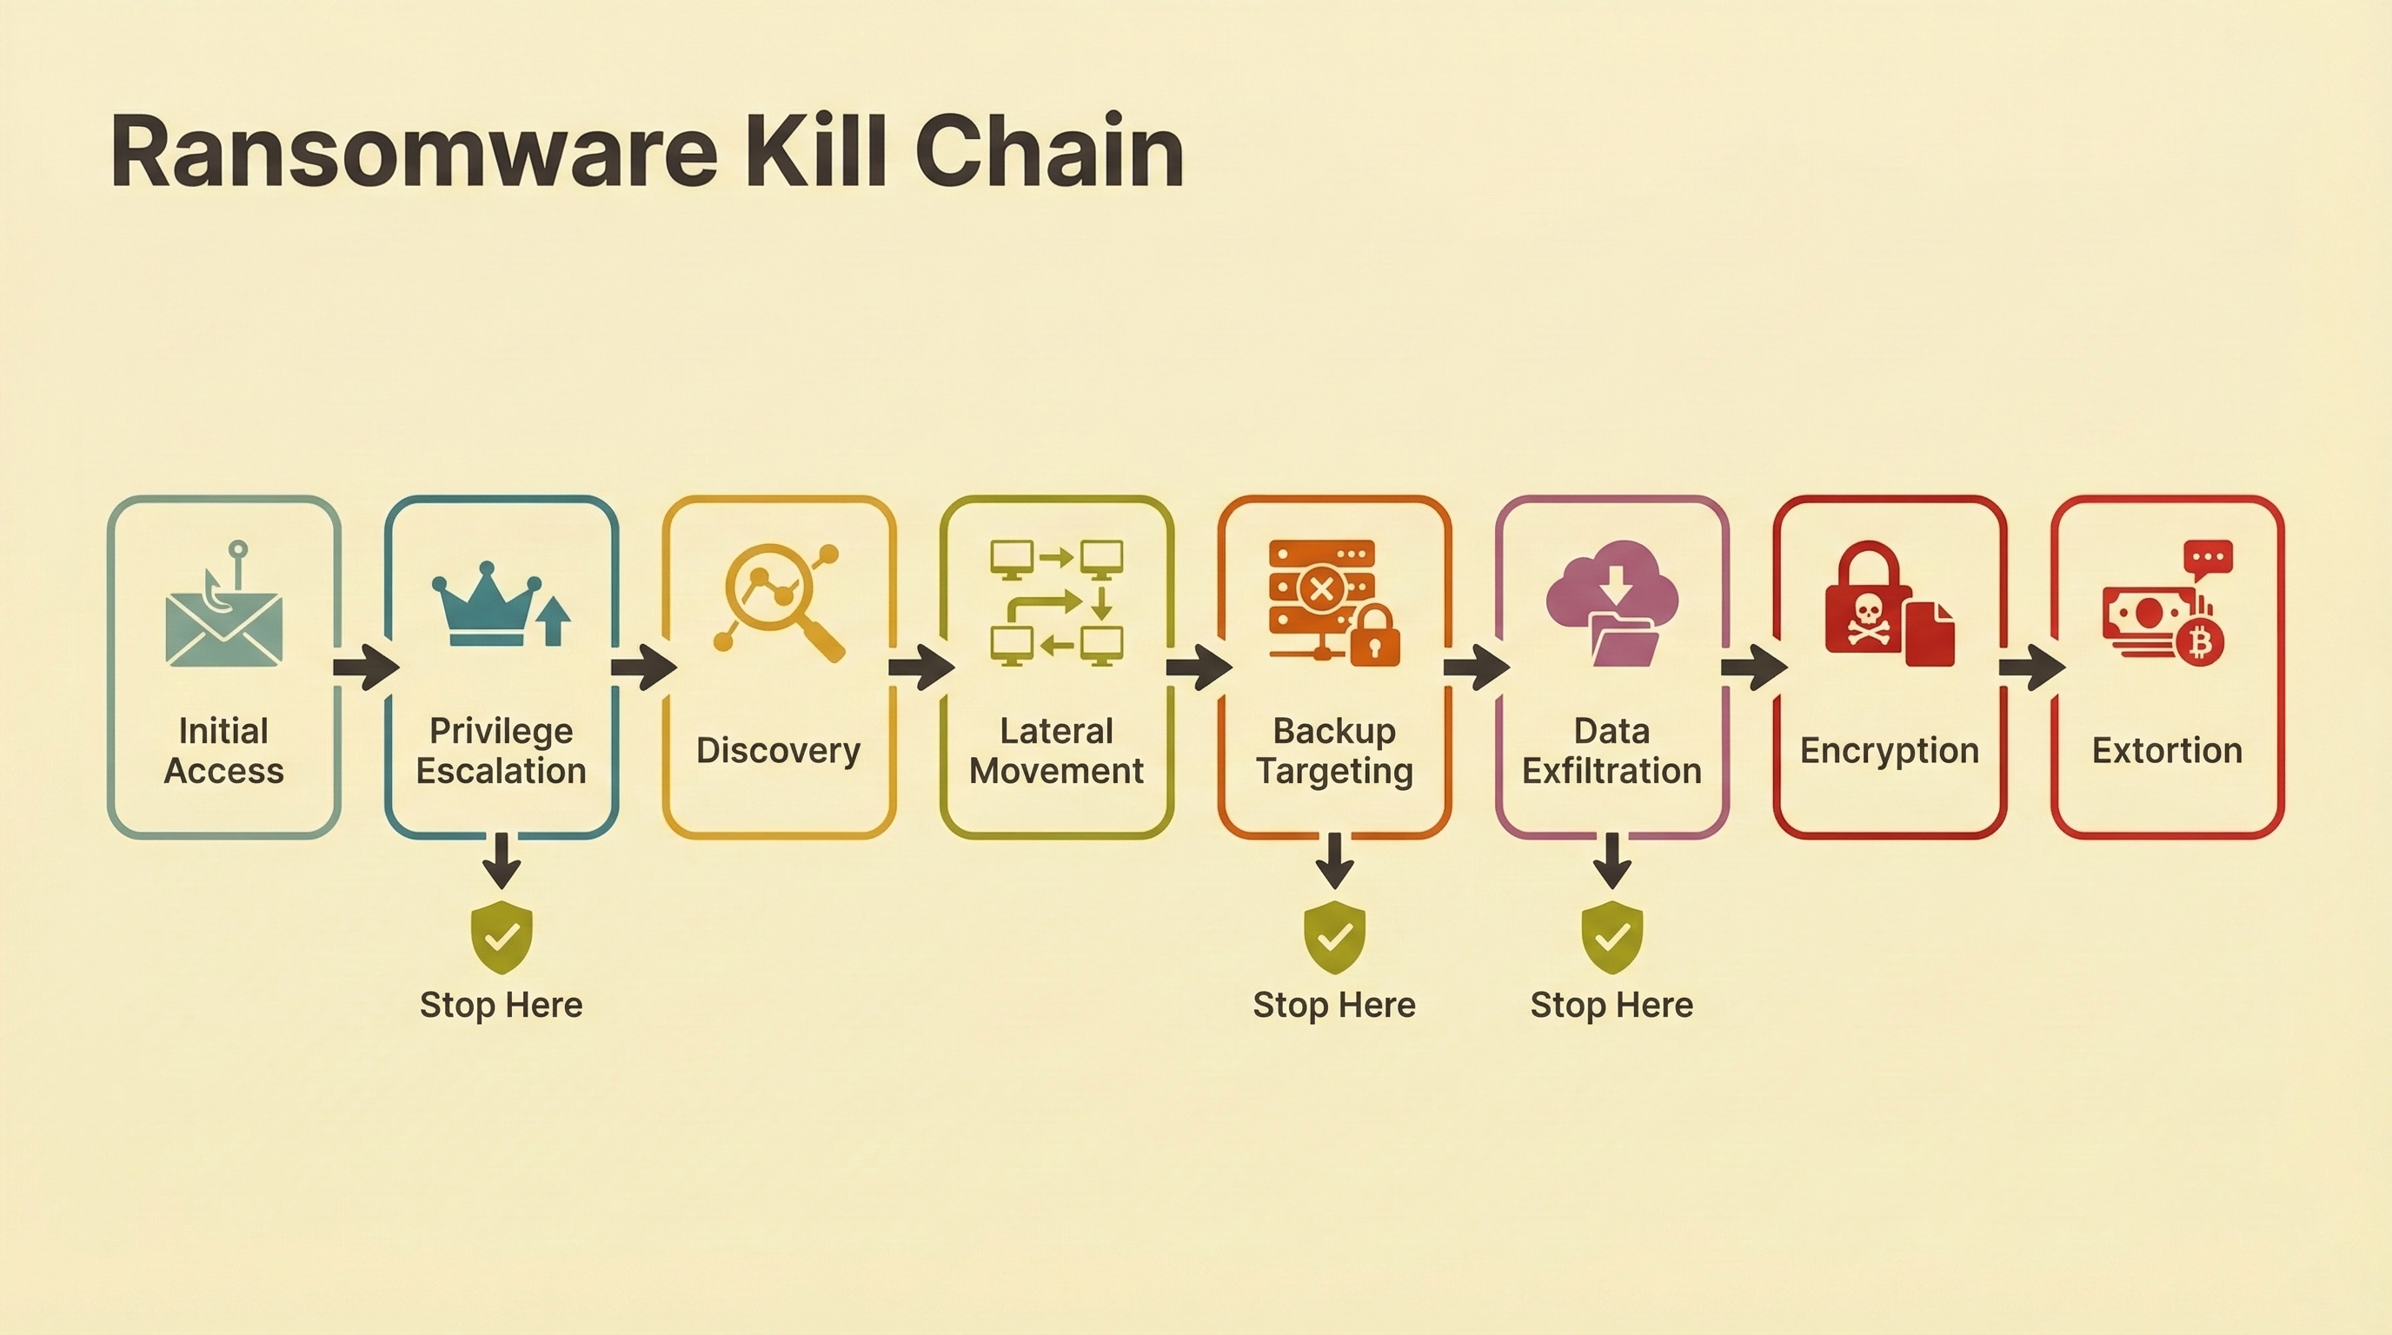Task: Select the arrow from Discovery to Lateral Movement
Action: tap(920, 667)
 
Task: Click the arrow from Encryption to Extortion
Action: tap(2030, 667)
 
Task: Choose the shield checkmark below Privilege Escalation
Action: tap(502, 937)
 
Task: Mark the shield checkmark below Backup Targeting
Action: tap(1334, 937)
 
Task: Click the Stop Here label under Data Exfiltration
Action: tap(1611, 1006)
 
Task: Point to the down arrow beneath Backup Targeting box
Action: tap(1334, 861)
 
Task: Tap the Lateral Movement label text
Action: tap(1057, 751)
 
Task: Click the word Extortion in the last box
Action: tap(2166, 750)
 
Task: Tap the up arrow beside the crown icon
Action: tap(554, 621)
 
